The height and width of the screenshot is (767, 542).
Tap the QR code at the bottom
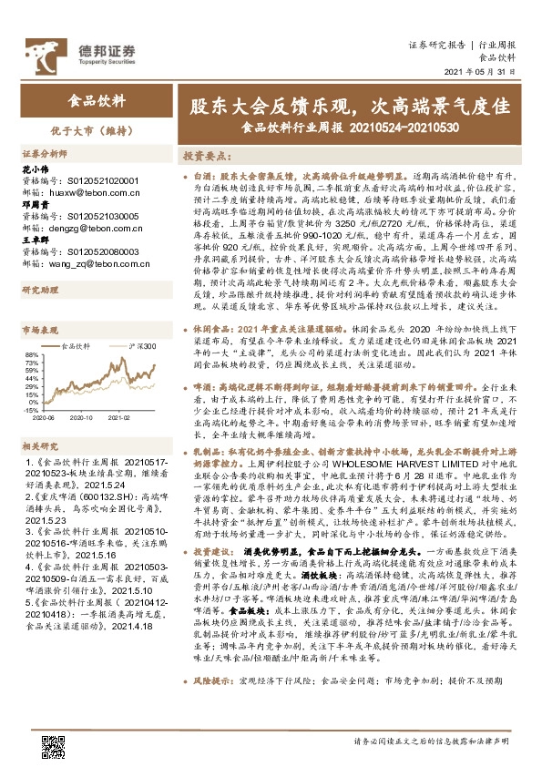(x=54, y=744)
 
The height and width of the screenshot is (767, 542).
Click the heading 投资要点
(x=204, y=156)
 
